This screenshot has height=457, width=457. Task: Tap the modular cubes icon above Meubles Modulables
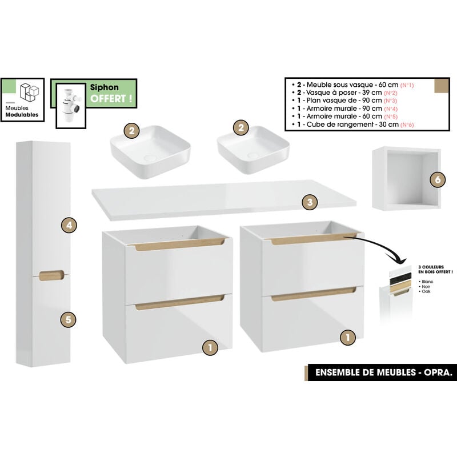pyautogui.click(x=29, y=92)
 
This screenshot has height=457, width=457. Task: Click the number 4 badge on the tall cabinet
pyautogui.click(x=69, y=226)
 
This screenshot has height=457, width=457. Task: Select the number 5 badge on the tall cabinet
pyautogui.click(x=68, y=319)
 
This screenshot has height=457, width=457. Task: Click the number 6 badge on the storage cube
pyautogui.click(x=437, y=179)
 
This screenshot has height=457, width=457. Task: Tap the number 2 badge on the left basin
pyautogui.click(x=132, y=131)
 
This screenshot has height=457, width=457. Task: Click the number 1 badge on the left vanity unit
pyautogui.click(x=210, y=346)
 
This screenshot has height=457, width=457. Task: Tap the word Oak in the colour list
pyautogui.click(x=426, y=291)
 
